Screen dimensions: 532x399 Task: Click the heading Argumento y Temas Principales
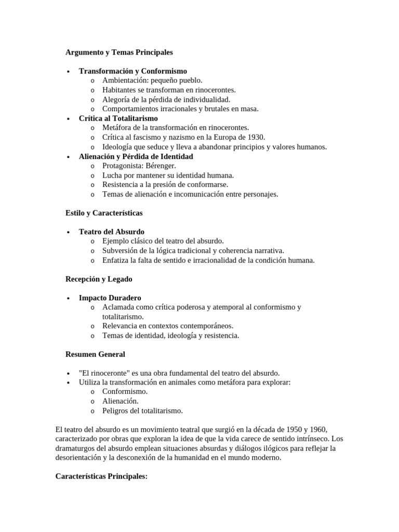tap(119, 52)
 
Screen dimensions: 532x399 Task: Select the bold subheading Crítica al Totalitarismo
tap(118, 118)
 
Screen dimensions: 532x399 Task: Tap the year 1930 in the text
tap(255, 137)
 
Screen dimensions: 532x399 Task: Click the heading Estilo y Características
tap(104, 213)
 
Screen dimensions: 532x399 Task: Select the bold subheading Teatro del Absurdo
tap(112, 232)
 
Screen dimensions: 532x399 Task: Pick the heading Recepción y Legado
tap(99, 279)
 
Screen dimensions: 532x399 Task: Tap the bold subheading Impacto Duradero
tap(110, 298)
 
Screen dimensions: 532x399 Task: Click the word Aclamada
tap(119, 307)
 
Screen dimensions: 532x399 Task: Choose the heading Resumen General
tap(95, 354)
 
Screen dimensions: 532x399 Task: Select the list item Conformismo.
tap(125, 392)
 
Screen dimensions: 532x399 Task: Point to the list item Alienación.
tap(121, 402)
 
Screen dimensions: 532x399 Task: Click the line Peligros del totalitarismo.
tap(142, 411)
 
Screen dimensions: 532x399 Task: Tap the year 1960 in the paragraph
tap(316, 430)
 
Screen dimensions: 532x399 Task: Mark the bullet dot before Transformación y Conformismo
tap(68, 72)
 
